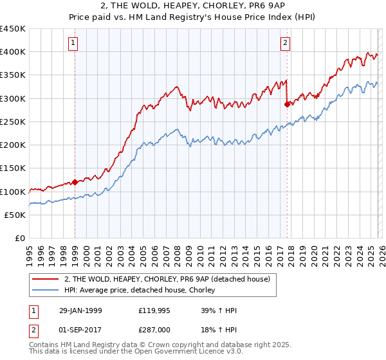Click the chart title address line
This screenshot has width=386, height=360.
click(193, 7)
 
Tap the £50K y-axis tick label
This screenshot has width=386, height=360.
click(15, 215)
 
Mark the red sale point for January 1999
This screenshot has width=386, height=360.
click(75, 182)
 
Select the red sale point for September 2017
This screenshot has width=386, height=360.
click(286, 104)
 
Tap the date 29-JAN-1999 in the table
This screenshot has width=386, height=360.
click(80, 310)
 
